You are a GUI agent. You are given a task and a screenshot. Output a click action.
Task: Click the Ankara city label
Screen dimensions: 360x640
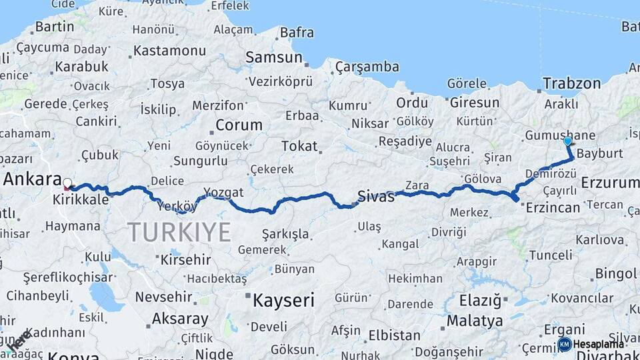33,179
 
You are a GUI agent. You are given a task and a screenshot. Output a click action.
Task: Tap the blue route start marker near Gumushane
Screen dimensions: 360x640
567,141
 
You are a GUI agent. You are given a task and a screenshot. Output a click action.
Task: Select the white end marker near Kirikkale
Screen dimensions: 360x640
67,182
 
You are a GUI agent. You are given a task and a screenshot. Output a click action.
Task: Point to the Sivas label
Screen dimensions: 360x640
376,196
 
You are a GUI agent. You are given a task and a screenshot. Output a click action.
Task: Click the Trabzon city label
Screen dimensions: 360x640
571,83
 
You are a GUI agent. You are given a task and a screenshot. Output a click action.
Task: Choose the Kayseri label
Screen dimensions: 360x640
283,300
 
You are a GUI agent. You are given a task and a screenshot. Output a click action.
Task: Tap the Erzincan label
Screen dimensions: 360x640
553,208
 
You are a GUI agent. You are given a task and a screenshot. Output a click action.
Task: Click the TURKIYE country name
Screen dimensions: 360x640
179,232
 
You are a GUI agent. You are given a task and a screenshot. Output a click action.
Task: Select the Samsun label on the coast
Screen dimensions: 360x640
273,57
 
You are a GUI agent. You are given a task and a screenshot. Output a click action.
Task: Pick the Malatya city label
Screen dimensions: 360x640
475,321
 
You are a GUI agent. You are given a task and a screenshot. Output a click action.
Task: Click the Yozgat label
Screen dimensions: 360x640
223,192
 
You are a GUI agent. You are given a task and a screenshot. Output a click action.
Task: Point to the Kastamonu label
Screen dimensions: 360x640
169,51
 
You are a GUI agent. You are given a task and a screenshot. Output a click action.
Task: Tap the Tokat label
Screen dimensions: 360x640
299,146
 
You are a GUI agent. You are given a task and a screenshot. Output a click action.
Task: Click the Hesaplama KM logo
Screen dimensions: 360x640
591,344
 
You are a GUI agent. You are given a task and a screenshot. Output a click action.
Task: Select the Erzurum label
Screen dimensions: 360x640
609,182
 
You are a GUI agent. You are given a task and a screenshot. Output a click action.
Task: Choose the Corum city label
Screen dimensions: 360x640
239,125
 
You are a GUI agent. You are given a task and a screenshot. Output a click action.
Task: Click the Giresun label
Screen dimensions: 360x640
474,103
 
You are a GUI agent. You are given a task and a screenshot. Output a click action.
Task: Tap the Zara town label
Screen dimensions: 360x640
417,185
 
